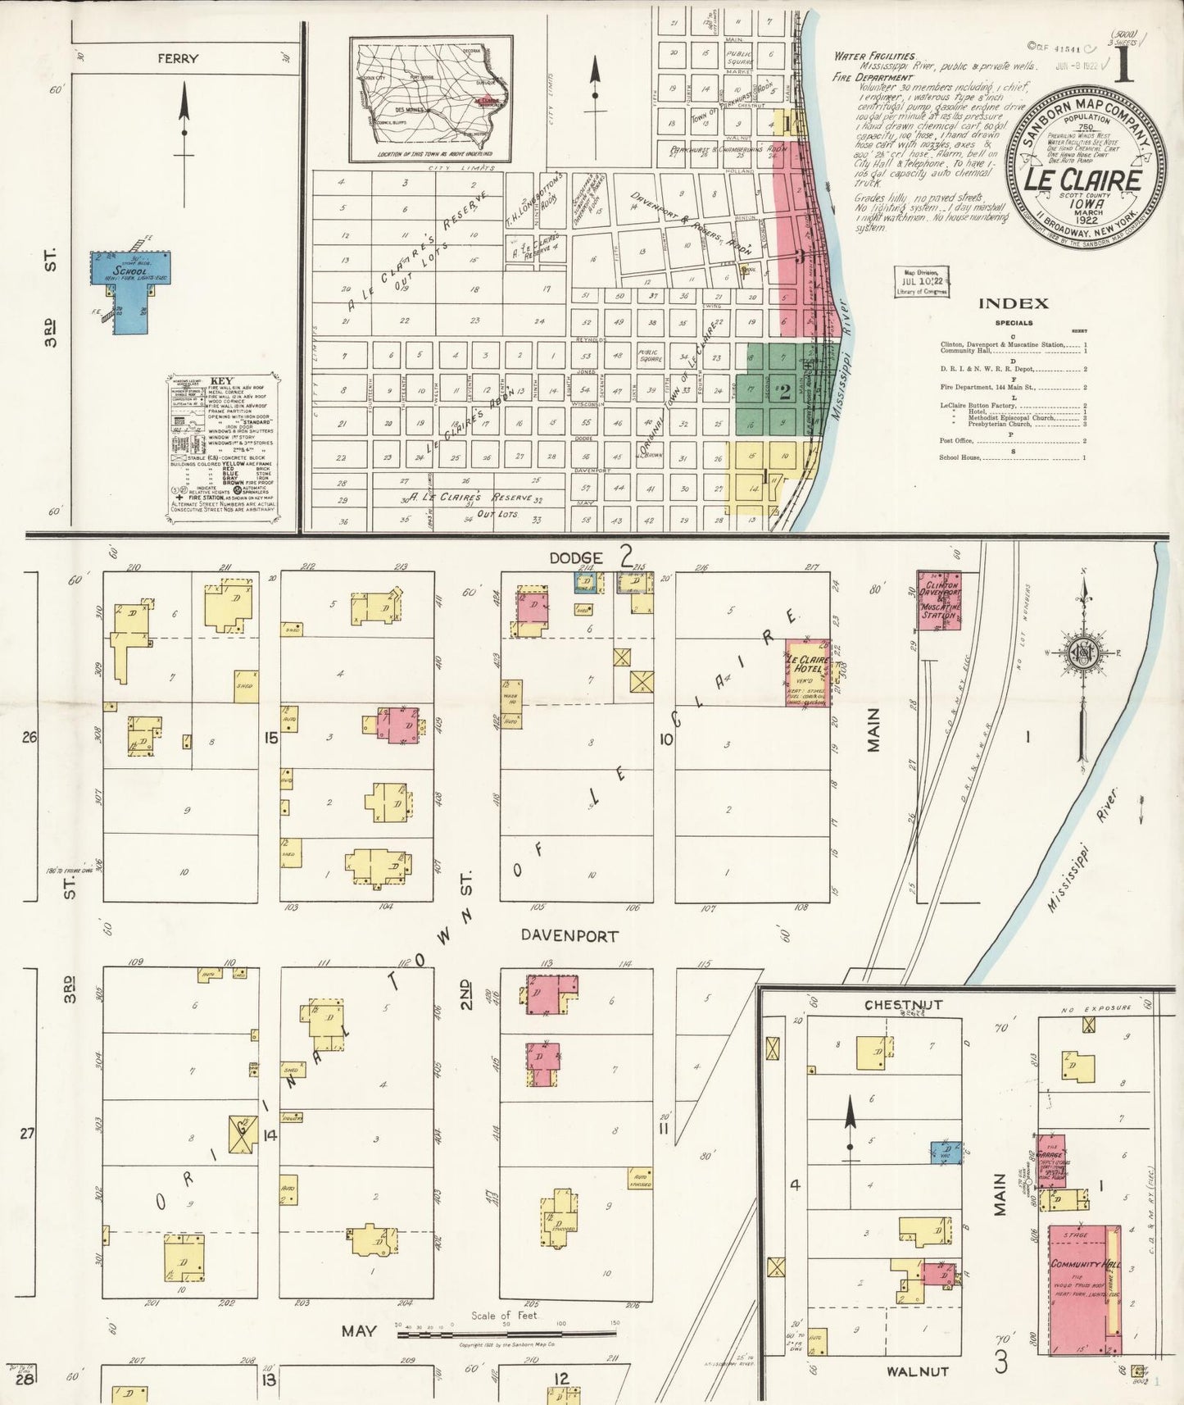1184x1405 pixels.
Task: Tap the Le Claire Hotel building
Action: coord(807,672)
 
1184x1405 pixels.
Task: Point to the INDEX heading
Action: coord(1013,303)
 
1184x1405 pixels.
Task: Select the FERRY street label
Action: coord(179,59)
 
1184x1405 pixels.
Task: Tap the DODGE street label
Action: coord(576,558)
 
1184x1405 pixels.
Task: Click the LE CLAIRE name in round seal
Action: coord(1084,179)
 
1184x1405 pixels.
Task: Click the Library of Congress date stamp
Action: coord(922,281)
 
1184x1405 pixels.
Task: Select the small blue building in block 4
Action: coord(946,1152)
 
